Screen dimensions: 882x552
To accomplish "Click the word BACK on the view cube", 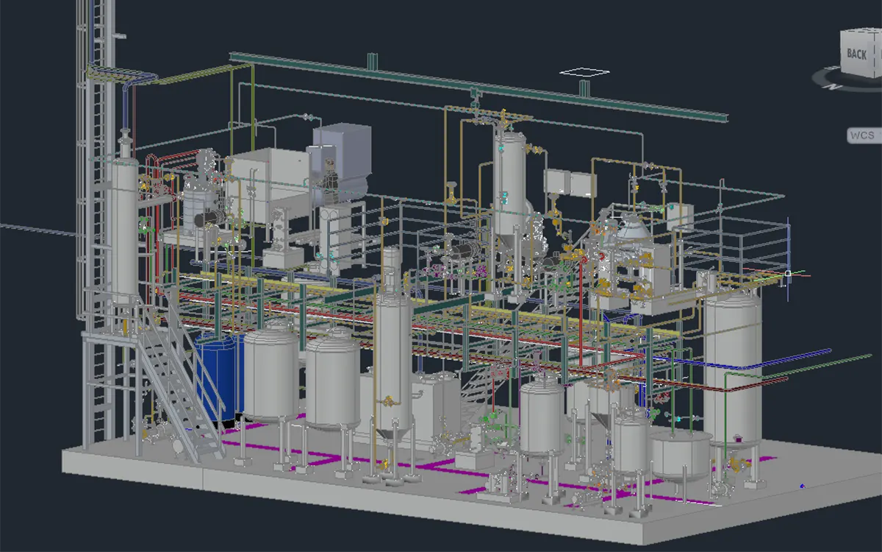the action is pos(857,54).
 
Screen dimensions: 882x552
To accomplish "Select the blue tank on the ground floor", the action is pos(219,377).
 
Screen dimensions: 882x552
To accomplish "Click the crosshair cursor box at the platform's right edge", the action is pos(788,273).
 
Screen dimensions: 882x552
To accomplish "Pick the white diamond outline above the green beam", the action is pos(585,72).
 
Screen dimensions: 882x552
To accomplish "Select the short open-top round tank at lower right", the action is pos(681,456).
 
